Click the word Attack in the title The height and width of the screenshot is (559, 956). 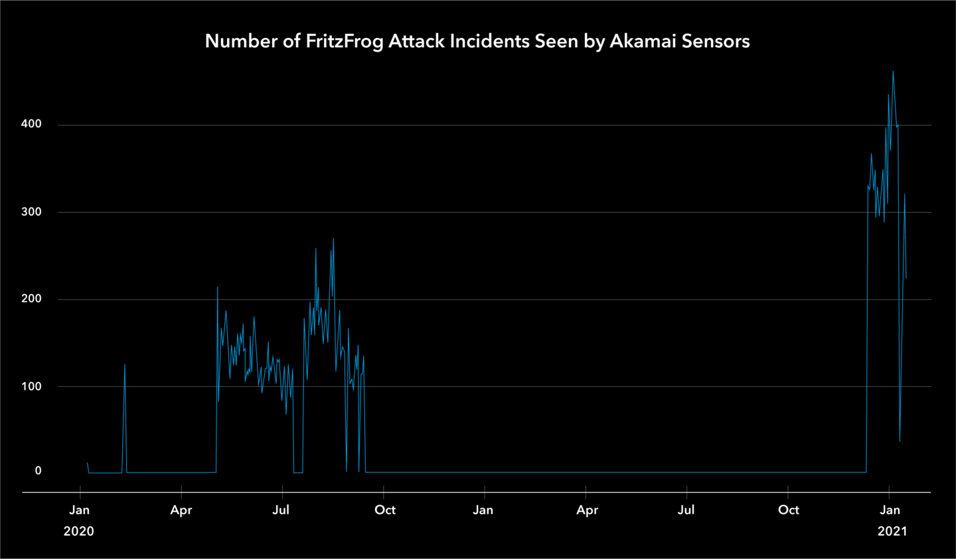(416, 41)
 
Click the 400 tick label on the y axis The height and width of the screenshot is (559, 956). (31, 124)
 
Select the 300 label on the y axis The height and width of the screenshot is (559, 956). (31, 211)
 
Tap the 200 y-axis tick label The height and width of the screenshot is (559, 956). (31, 298)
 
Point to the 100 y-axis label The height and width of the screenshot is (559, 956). (31, 386)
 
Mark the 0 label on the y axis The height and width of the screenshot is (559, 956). (38, 471)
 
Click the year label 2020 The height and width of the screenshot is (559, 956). (78, 531)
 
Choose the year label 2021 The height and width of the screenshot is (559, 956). (892, 531)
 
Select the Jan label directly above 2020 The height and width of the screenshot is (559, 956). (79, 510)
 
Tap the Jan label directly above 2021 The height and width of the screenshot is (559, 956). (890, 510)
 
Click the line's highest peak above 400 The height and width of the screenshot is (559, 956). (893, 72)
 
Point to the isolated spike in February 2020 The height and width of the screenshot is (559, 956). (124, 365)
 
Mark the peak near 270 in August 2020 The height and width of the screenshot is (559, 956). (333, 239)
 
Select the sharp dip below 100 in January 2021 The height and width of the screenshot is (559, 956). (900, 440)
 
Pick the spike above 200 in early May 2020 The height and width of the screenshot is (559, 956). (217, 288)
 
